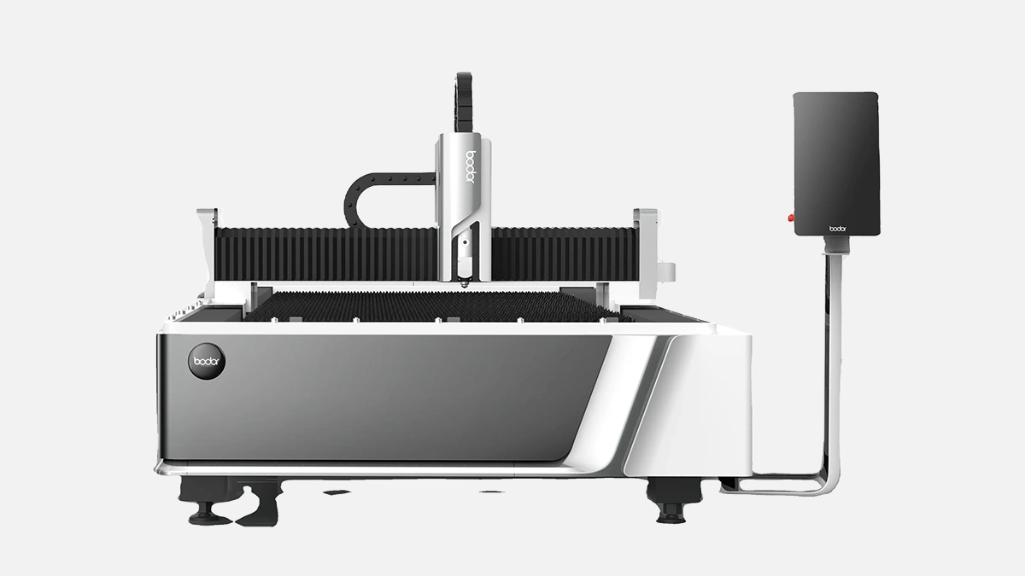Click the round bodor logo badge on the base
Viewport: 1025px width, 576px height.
pyautogui.click(x=207, y=361)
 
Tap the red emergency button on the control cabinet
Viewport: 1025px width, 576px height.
pyautogui.click(x=790, y=218)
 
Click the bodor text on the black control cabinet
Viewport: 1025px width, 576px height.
pyautogui.click(x=838, y=228)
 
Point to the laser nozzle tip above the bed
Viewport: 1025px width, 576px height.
pyautogui.click(x=464, y=284)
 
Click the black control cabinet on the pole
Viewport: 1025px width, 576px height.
pyautogui.click(x=836, y=164)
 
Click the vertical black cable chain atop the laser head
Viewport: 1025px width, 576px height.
pyautogui.click(x=464, y=103)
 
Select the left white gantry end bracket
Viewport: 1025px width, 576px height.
pyautogui.click(x=207, y=253)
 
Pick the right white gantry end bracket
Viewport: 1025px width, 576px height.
pyautogui.click(x=646, y=252)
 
